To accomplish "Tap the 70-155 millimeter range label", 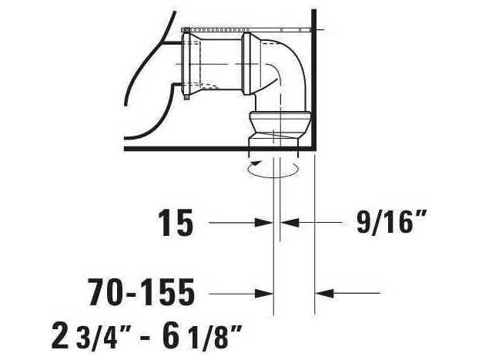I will (141, 293).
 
